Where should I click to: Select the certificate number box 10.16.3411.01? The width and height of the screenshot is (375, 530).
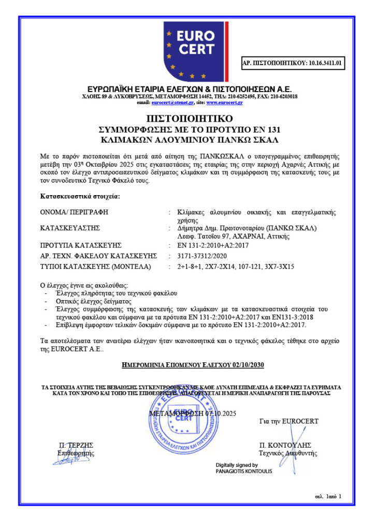click(x=293, y=64)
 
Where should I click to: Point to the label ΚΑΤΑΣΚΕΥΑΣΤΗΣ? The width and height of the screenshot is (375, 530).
click(x=70, y=228)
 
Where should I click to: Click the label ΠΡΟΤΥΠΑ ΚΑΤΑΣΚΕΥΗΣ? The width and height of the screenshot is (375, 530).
click(x=80, y=245)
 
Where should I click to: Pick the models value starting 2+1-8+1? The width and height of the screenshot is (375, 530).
click(x=236, y=267)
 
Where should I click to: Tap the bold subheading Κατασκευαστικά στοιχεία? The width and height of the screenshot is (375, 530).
click(x=80, y=197)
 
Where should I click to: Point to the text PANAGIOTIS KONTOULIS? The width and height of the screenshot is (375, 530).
click(x=243, y=471)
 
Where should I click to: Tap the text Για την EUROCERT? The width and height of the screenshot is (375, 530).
click(x=289, y=421)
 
